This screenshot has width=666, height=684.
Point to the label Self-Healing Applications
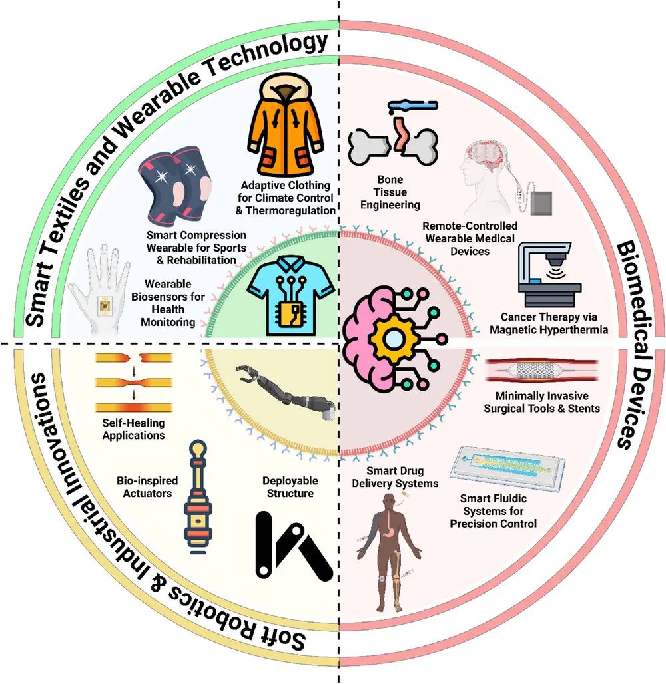pos(133,428)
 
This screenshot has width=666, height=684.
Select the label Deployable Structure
pos(290,486)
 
